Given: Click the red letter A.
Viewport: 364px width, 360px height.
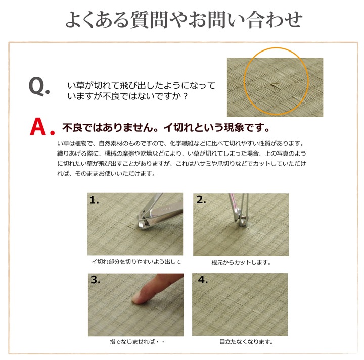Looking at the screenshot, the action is tap(38, 127).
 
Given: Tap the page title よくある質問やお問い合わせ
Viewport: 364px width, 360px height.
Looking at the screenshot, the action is tap(184, 20).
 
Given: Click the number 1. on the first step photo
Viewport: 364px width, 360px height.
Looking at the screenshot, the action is tap(94, 200).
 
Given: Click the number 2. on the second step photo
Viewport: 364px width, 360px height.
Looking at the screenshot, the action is tap(201, 199).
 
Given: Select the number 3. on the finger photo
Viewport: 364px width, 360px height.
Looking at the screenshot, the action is tap(95, 280).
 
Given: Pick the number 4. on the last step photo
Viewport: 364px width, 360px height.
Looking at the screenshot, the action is tap(202, 280).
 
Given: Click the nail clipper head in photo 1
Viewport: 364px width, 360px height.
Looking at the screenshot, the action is tap(143, 221).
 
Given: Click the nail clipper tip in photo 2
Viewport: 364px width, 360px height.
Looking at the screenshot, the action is tap(242, 222).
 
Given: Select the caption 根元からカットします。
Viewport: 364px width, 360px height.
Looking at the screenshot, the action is tap(241, 263).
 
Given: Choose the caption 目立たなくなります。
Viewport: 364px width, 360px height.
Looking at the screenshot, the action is tap(246, 342).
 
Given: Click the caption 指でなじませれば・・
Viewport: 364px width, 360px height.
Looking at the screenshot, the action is tap(137, 342).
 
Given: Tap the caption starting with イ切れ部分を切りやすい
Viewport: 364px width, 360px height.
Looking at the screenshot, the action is tap(136, 262).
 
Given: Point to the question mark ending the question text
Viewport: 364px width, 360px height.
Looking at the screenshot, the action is tap(185, 96).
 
